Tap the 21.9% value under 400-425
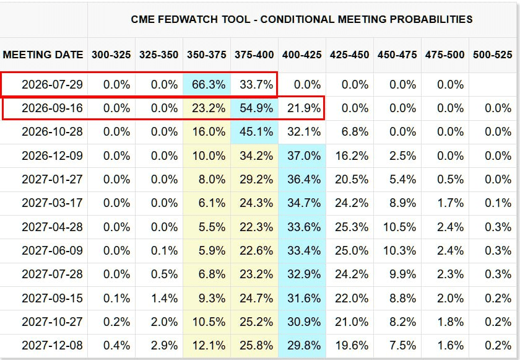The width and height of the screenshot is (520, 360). (x=304, y=108)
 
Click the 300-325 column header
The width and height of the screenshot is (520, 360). (x=111, y=55)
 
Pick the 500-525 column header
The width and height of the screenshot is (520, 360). (x=493, y=55)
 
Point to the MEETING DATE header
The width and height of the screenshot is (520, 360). (x=43, y=55)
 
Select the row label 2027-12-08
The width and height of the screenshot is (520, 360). (x=52, y=345)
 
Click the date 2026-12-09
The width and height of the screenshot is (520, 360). (x=52, y=156)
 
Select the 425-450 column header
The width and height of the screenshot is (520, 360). (x=350, y=55)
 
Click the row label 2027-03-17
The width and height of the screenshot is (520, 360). (x=52, y=203)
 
